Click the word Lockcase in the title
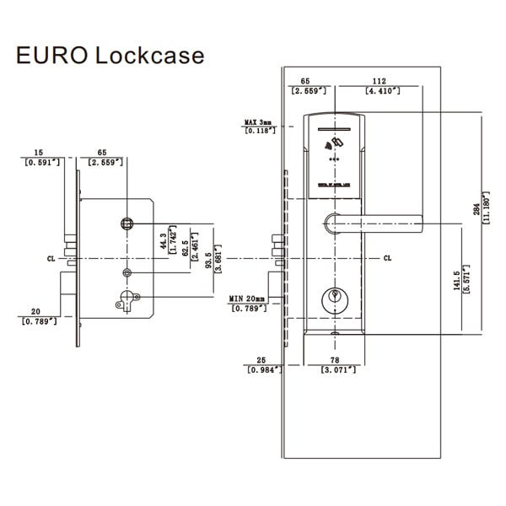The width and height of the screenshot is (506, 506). click(x=148, y=56)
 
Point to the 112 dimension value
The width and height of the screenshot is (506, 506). click(x=379, y=82)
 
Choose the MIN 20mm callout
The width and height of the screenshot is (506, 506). click(x=247, y=299)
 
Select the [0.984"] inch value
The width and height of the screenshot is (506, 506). click(x=263, y=369)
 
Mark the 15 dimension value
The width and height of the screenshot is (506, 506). click(x=38, y=153)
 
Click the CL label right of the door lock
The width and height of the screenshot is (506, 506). click(x=387, y=258)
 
